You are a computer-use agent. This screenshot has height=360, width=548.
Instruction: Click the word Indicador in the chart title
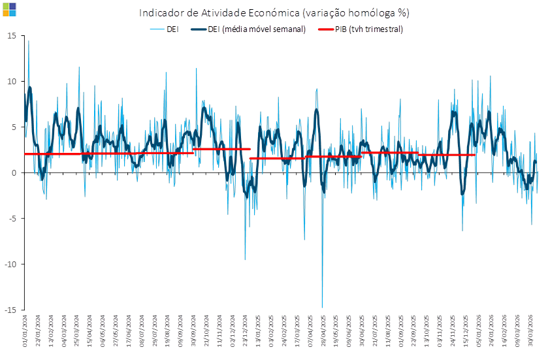(159, 13)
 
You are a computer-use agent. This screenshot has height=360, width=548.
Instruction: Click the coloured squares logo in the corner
(9, 8)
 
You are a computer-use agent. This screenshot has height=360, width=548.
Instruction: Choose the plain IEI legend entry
(165, 29)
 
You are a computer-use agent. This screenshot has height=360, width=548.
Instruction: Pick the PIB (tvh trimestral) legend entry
(361, 29)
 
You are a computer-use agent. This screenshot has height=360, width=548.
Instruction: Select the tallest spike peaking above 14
(28, 42)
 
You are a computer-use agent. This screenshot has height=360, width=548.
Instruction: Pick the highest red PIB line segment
(222, 149)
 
